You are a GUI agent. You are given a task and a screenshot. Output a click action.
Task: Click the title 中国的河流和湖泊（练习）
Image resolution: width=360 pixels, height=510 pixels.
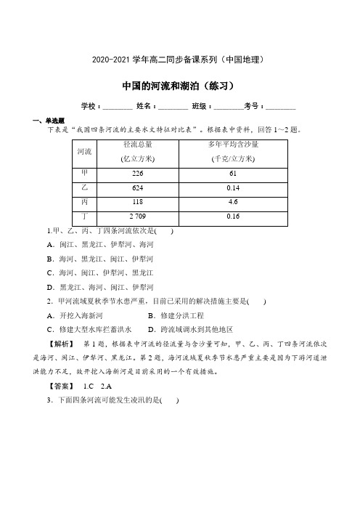(x=179, y=85)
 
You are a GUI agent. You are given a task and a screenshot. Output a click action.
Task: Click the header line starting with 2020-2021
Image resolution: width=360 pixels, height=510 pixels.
(x=179, y=58)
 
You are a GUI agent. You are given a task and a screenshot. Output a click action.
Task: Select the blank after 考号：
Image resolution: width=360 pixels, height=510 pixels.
(x=281, y=106)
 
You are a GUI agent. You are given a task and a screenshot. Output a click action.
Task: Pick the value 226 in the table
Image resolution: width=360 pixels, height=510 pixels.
(x=138, y=174)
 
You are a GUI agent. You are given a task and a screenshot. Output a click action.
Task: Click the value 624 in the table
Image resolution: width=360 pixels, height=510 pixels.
(x=138, y=188)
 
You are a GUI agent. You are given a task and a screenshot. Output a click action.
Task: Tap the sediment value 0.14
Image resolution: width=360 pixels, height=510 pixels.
(x=233, y=188)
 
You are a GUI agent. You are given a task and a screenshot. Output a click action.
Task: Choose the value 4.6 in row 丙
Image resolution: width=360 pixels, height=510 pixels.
(x=233, y=202)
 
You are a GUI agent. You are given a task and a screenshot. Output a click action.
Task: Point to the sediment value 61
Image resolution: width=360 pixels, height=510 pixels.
(x=233, y=174)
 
